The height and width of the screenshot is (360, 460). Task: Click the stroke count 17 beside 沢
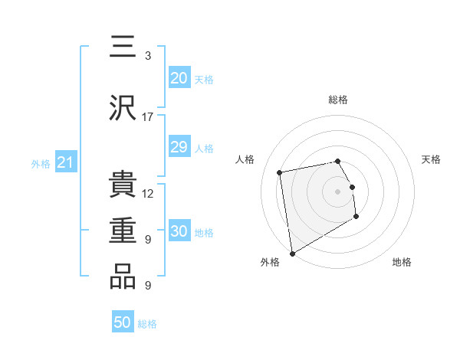(x=148, y=117)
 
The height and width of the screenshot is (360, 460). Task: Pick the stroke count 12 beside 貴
(x=148, y=194)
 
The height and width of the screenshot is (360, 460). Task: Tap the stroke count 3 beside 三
(x=148, y=56)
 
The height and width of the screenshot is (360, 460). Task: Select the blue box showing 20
(x=179, y=78)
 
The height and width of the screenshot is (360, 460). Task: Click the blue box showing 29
(x=179, y=147)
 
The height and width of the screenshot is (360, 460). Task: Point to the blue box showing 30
(x=179, y=231)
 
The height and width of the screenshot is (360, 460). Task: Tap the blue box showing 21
(x=66, y=162)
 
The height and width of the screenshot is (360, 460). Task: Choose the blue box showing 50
(x=123, y=322)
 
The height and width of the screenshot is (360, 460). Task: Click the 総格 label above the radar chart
(x=338, y=100)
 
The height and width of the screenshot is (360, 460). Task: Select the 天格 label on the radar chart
(x=432, y=159)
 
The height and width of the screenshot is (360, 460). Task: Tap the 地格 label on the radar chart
(x=402, y=262)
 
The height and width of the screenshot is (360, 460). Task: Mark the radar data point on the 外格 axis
(x=292, y=253)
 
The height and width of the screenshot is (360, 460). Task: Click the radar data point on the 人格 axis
(x=280, y=172)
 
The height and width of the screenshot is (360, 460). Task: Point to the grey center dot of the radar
(x=338, y=191)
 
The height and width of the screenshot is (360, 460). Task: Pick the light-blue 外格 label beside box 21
(x=40, y=163)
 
